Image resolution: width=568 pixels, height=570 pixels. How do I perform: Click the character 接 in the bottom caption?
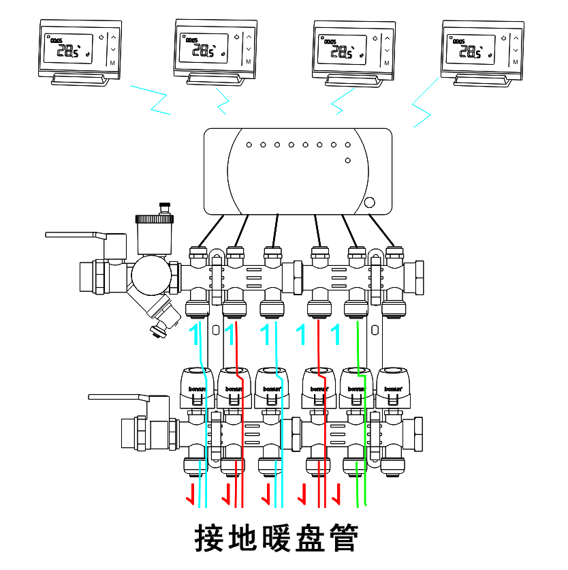click(x=210, y=539)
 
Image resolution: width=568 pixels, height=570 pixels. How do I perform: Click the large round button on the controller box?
click(x=369, y=202)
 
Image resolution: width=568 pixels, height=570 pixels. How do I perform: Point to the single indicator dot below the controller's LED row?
click(x=347, y=160)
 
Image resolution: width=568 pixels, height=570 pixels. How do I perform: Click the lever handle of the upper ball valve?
click(x=75, y=235)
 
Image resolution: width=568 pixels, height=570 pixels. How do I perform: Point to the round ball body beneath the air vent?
click(x=151, y=274)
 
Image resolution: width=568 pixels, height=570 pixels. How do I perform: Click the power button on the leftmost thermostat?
click(x=100, y=37)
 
